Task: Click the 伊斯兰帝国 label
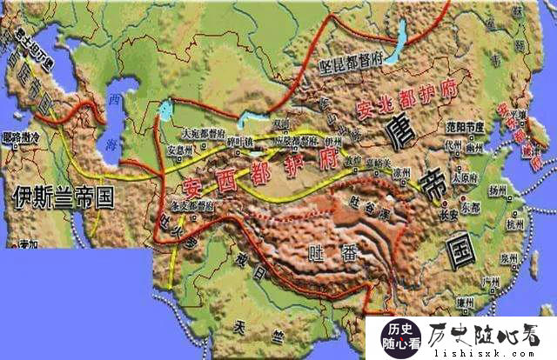[x=64, y=197]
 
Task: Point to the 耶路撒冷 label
[x=20, y=137]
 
